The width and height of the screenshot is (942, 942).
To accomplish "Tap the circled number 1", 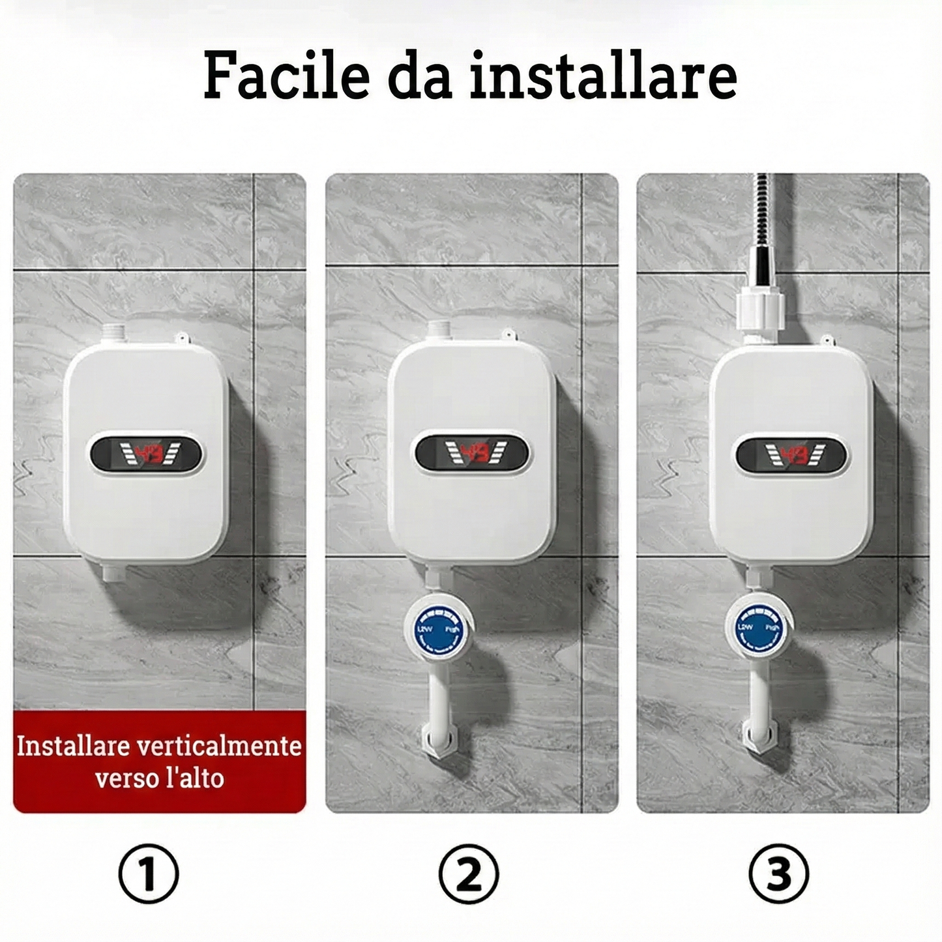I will (149, 872).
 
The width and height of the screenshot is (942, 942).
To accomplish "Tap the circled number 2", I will (469, 872).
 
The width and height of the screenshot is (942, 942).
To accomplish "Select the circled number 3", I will (779, 872).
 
